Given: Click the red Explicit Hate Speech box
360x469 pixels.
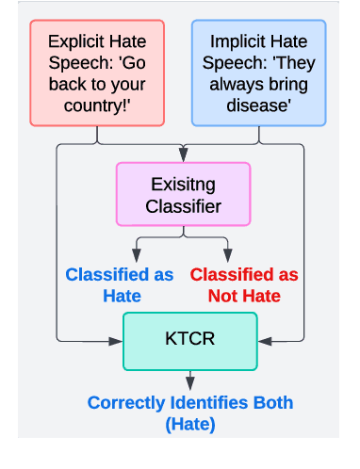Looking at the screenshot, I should pyautogui.click(x=98, y=74).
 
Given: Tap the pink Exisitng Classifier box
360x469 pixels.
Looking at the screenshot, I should pyautogui.click(x=183, y=193).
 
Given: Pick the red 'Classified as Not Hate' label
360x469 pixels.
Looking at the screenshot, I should pyautogui.click(x=249, y=284).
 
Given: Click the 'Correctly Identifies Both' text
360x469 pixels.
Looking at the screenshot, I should pyautogui.click(x=189, y=403).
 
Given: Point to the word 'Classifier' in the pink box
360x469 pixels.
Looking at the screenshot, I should pyautogui.click(x=184, y=204).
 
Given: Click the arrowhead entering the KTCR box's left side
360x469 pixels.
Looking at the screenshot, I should pyautogui.click(x=118, y=338).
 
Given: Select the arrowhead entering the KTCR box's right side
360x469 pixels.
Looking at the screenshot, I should pyautogui.click(x=263, y=338).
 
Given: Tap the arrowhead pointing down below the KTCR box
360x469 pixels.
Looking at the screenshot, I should pyautogui.click(x=189, y=382).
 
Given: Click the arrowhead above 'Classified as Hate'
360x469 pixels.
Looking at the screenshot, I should pyautogui.click(x=139, y=257).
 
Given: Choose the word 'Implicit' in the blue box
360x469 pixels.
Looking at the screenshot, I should pyautogui.click(x=233, y=42).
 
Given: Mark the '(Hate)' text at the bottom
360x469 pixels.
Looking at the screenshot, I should pyautogui.click(x=189, y=424).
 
